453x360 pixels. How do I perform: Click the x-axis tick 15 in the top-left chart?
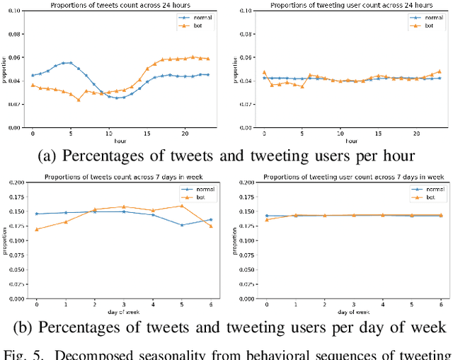(147, 133)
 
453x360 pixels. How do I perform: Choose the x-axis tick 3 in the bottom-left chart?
(124, 304)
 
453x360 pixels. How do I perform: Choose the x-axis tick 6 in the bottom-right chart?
(440, 304)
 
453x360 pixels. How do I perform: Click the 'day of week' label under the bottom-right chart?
(353, 311)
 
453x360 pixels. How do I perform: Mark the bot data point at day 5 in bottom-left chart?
(182, 206)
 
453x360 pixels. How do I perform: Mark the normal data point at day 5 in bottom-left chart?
(182, 225)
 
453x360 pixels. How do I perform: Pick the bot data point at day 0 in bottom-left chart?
(37, 229)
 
